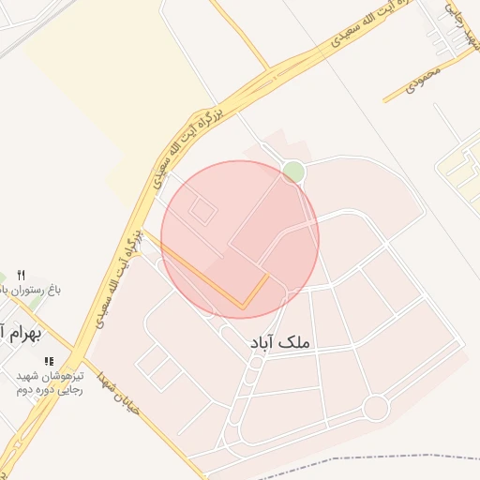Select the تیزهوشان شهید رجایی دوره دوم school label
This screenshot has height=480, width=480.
point(49,382)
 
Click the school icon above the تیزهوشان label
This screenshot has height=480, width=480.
point(49,360)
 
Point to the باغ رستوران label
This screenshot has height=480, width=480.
point(28,291)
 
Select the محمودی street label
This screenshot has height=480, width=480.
point(423,84)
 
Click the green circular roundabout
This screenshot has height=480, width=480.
point(293,172)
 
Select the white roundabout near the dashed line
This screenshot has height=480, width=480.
point(376,408)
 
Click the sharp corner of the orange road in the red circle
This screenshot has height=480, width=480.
point(244,307)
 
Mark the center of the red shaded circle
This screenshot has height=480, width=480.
point(240,239)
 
